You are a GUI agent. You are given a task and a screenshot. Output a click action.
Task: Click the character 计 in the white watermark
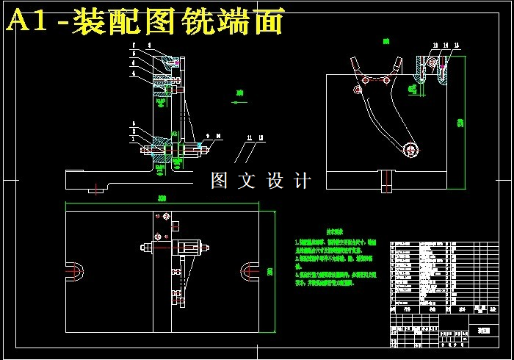(300, 181)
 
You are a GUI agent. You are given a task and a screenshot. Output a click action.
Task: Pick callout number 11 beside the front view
(250, 137)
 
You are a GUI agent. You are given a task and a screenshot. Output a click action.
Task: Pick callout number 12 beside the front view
(261, 137)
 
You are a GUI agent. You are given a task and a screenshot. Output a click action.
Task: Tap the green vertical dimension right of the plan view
(270, 273)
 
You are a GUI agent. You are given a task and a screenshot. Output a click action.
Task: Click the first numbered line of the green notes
(334, 242)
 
